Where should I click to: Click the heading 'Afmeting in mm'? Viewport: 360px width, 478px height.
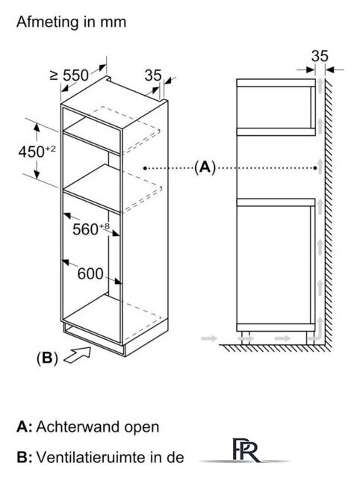tap(71, 22)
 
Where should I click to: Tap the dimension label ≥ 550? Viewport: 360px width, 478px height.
tap(69, 75)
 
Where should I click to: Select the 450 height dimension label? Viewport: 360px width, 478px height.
tap(37, 152)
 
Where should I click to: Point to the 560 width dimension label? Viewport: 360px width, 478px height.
tap(90, 229)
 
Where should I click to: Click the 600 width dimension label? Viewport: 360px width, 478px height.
tap(90, 273)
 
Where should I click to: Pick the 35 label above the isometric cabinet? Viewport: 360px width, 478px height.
tap(152, 75)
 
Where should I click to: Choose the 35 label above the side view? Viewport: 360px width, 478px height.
tap(320, 56)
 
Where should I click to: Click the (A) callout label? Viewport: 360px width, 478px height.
tap(205, 167)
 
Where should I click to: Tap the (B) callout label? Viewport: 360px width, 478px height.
tap(47, 358)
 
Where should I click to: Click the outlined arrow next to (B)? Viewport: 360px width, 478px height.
tap(77, 356)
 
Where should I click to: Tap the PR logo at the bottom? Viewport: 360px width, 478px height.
tap(246, 450)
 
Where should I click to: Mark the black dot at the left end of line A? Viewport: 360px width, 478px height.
tap(146, 168)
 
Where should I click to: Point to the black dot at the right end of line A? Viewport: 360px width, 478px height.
tap(315, 168)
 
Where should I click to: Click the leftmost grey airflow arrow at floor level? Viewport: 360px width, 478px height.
tap(209, 338)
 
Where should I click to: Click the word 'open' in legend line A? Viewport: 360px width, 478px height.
tap(141, 428)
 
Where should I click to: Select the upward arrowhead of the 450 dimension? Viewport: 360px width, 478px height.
tap(37, 128)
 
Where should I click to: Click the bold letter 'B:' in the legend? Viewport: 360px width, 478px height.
tap(25, 457)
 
